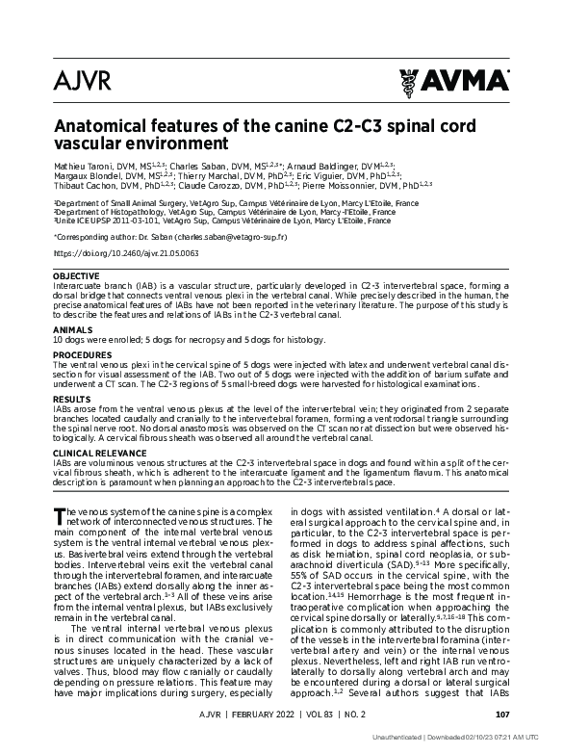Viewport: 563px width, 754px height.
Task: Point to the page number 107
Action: (x=501, y=714)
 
